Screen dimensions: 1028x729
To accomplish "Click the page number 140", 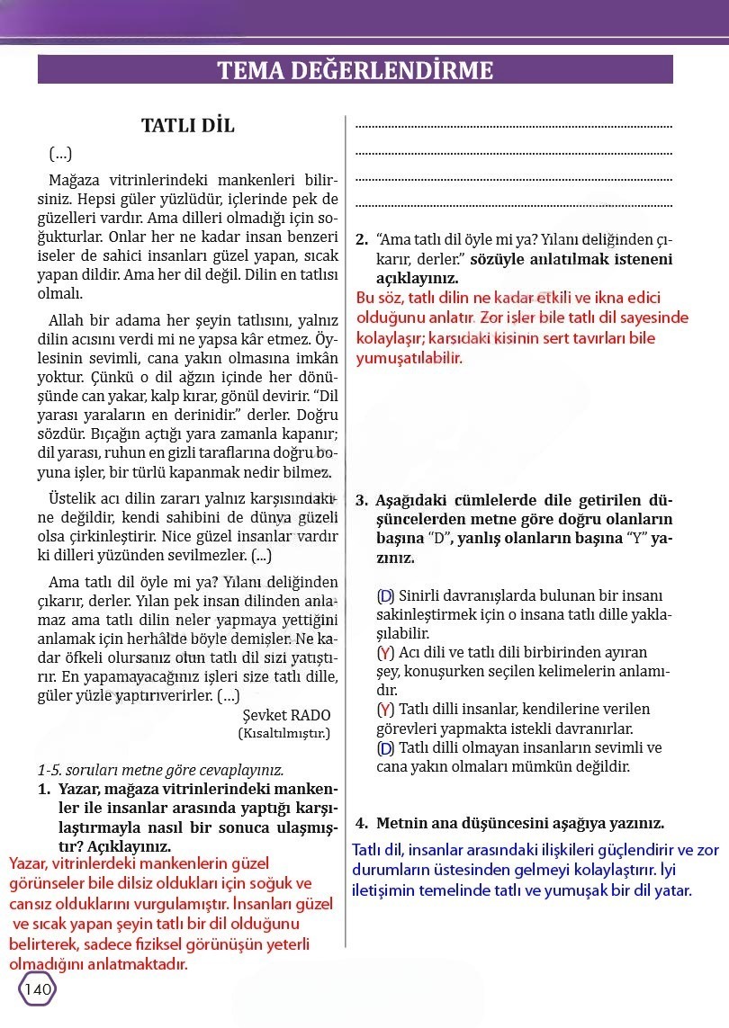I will (x=38, y=989).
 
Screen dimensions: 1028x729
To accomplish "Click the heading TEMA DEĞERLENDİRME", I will (x=355, y=70).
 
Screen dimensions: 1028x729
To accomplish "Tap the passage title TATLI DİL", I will (x=188, y=126).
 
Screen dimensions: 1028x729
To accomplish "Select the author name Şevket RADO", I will (x=287, y=715).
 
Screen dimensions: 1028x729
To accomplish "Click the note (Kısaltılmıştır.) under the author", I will (x=284, y=733).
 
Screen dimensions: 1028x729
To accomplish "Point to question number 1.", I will (x=43, y=789).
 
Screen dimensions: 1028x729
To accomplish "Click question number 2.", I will (x=362, y=240).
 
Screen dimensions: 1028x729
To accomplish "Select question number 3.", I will (x=362, y=501).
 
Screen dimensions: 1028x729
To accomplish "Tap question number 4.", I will (x=362, y=823).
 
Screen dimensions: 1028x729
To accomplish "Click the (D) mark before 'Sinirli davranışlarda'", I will (x=385, y=595).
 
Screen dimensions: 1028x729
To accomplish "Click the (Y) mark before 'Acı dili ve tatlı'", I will (x=385, y=653).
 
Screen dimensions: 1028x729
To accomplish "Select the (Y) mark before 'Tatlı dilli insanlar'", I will (x=385, y=710).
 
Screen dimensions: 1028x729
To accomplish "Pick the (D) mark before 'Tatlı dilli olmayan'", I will (x=385, y=748).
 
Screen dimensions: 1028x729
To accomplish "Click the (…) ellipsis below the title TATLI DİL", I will (x=60, y=153).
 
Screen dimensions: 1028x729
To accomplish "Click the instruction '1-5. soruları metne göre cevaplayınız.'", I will (x=160, y=770).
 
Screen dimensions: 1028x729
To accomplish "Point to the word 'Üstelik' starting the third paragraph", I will (x=72, y=498).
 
